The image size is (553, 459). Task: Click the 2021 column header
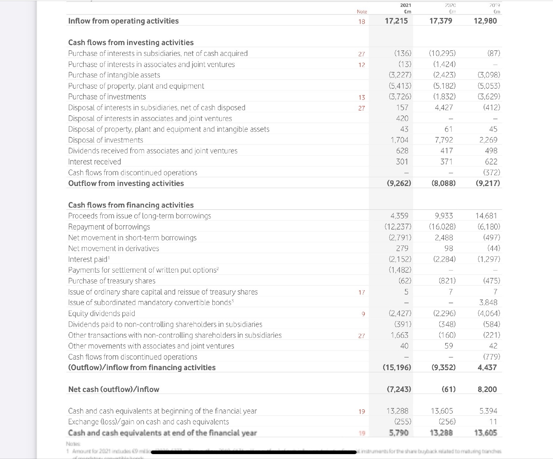[405, 5]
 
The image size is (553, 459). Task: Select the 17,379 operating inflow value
[441, 21]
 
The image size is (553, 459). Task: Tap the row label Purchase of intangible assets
[114, 75]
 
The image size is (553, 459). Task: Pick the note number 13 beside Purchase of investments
[361, 97]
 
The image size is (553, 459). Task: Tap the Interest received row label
[94, 161]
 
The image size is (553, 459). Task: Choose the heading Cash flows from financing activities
[131, 205]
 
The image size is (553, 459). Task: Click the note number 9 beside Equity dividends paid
[363, 314]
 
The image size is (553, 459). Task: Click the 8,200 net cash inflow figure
[487, 389]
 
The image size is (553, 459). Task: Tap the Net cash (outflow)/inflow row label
[114, 389]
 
